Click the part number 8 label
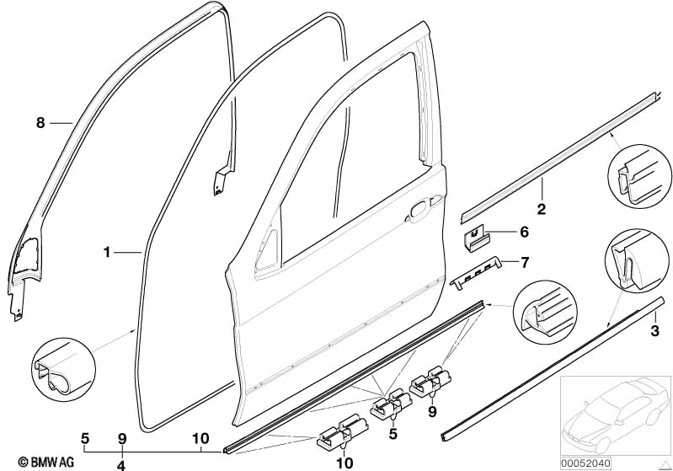40,123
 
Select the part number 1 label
107,252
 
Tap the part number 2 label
542,208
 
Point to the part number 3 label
654,331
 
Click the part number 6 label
523,232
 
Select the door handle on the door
419,211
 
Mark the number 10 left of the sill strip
200,438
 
